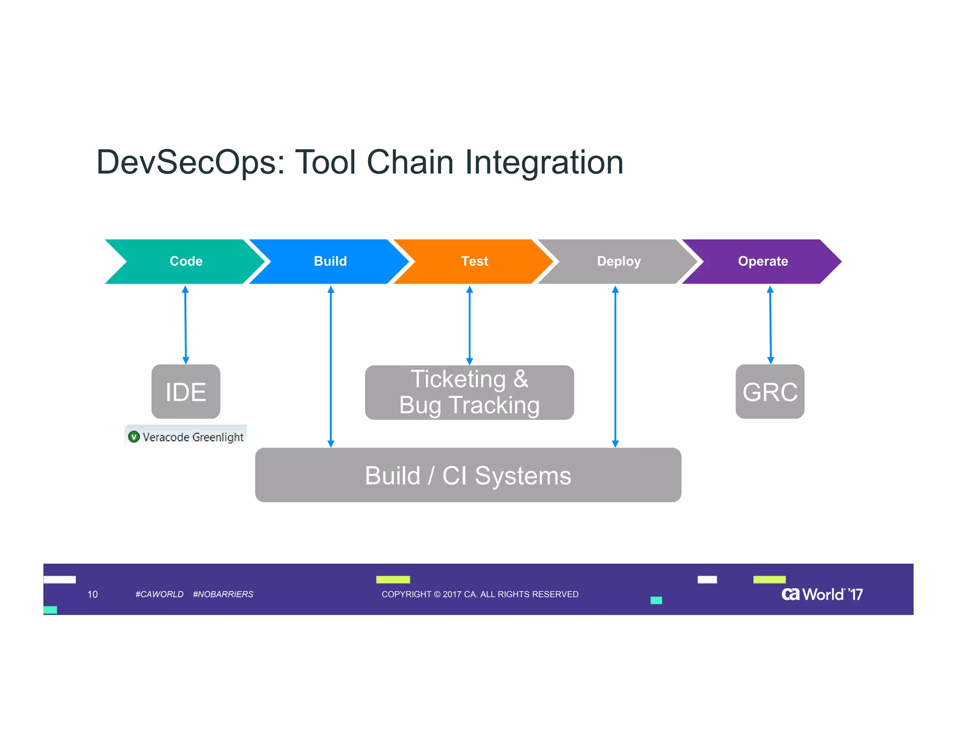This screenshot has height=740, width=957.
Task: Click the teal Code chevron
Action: [x=186, y=261]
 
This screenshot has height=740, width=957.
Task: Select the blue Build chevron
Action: [x=330, y=261]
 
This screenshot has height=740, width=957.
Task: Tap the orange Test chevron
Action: [x=474, y=261]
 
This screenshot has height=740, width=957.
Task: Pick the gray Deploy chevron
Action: [x=618, y=261]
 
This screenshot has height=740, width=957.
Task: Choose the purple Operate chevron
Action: [x=763, y=261]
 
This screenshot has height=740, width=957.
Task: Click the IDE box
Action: [x=186, y=392]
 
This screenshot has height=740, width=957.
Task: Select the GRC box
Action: [x=770, y=392]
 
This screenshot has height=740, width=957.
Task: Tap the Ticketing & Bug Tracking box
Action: [x=469, y=392]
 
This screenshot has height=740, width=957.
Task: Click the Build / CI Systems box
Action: [x=468, y=475]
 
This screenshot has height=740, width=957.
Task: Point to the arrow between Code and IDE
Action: [x=186, y=325]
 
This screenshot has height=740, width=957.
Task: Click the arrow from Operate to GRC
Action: [x=770, y=325]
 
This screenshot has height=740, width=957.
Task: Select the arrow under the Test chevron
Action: [x=470, y=325]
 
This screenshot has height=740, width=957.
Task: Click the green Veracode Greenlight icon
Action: [x=134, y=437]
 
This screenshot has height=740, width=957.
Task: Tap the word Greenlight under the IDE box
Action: [x=218, y=437]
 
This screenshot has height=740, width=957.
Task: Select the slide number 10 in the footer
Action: [x=93, y=594]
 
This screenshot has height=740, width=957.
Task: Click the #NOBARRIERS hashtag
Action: [x=223, y=594]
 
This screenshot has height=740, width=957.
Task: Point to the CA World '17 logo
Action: [x=821, y=594]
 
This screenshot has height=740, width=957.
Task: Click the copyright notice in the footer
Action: [x=480, y=594]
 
